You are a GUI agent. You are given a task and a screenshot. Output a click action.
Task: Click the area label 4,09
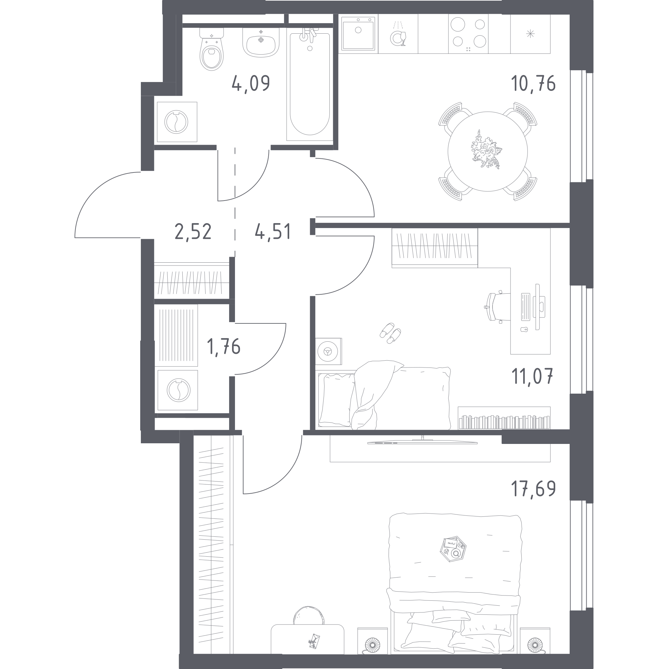tap(251, 83)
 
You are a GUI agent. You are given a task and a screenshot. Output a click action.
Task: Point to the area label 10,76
tap(533, 83)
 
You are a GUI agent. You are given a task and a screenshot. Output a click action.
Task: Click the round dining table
tap(488, 151)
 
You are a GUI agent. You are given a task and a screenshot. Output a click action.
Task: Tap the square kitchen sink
tap(358, 33)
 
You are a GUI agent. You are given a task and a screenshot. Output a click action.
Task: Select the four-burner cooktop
tap(468, 34)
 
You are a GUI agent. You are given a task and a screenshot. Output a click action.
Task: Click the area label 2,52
tap(193, 232)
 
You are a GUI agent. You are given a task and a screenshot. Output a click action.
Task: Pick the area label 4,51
tap(273, 231)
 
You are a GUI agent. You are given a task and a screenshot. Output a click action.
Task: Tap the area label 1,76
tap(224, 347)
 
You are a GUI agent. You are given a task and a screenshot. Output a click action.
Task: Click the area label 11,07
tap(532, 376)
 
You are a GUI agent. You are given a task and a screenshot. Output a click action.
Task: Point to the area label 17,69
tap(533, 488)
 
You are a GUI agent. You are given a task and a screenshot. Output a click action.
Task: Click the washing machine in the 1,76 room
tap(178, 390)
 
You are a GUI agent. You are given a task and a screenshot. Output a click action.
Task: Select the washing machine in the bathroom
tap(177, 122)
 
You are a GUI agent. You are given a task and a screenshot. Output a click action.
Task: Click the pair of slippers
tap(391, 333)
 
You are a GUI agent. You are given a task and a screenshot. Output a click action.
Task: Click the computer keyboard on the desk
tap(525, 306)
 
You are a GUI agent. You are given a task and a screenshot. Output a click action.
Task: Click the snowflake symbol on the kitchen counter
tap(530, 34)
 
